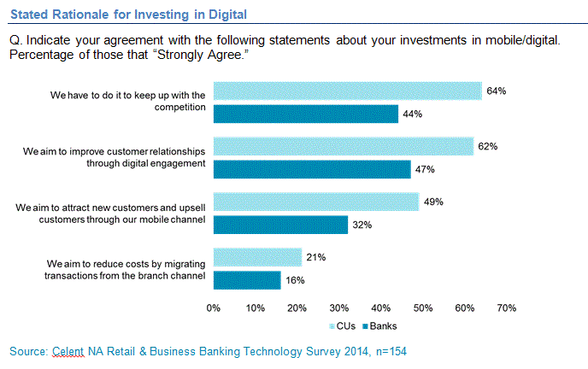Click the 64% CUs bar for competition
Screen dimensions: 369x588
coord(347,91)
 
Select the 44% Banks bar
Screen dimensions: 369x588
coord(305,114)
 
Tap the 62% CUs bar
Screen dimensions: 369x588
coord(343,146)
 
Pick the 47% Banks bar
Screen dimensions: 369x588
coord(311,169)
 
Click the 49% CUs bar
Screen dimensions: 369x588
coord(315,202)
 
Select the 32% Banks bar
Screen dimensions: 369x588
coord(280,225)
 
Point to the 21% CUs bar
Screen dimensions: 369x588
coord(257,257)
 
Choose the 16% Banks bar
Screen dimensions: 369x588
coord(246,279)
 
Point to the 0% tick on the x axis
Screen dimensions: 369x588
coord(214,307)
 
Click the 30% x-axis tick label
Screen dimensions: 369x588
coord(339,307)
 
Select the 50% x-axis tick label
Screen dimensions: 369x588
coord(423,307)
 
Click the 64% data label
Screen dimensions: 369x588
coord(497,91)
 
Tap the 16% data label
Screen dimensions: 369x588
coord(295,279)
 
